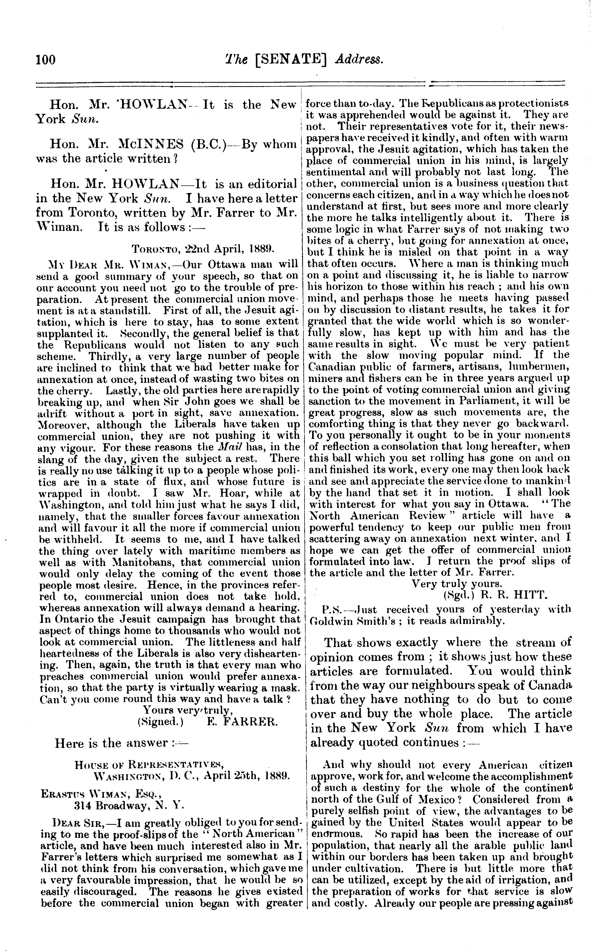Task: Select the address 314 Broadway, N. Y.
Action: [x=129, y=805]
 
